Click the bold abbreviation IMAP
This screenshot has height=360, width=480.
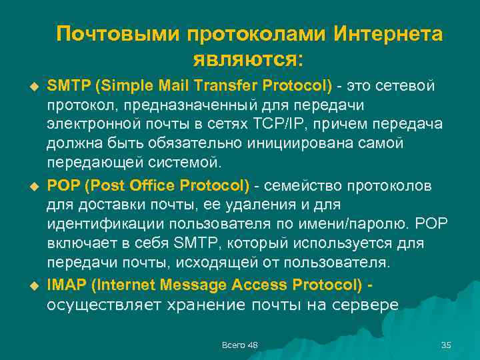coord(66,285)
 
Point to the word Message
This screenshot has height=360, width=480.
coord(191,285)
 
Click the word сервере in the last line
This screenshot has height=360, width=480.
coord(367,305)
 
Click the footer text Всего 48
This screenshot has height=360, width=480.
coord(239,344)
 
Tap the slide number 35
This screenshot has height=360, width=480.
coord(447,344)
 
